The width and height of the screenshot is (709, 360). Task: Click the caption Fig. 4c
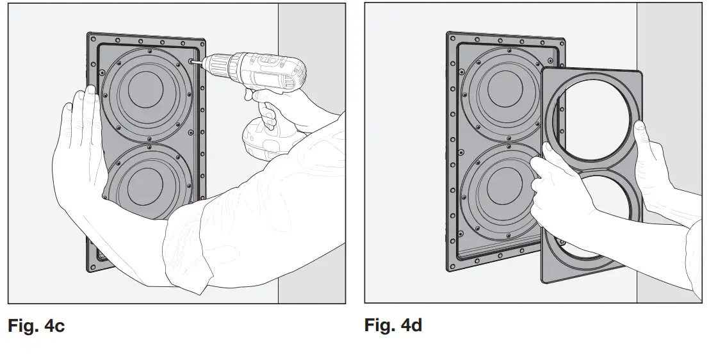click(x=36, y=325)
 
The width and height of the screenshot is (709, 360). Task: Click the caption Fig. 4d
click(x=393, y=325)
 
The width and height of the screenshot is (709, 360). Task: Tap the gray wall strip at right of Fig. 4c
click(x=311, y=192)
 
